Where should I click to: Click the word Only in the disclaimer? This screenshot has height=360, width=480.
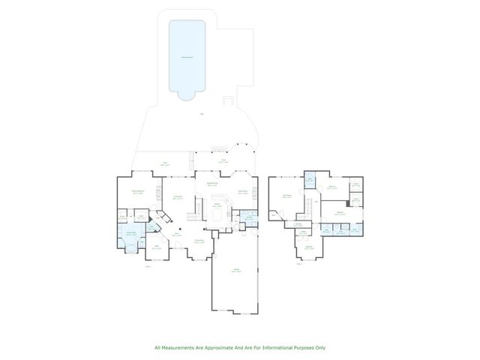click(x=320, y=347)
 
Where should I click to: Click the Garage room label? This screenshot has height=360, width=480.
click(x=235, y=269)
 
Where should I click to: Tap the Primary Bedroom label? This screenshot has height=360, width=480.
click(x=139, y=193)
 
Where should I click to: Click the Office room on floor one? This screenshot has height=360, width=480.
click(x=156, y=247)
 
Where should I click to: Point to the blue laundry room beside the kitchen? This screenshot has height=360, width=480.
click(x=250, y=218)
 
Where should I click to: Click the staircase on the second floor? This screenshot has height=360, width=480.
click(x=308, y=204)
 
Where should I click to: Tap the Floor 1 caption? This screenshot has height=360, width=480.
click(x=148, y=265)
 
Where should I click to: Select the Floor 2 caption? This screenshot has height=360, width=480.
click(x=300, y=263)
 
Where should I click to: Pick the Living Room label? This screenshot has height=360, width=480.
click(x=178, y=198)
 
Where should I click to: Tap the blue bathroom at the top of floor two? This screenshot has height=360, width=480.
click(x=310, y=179)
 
